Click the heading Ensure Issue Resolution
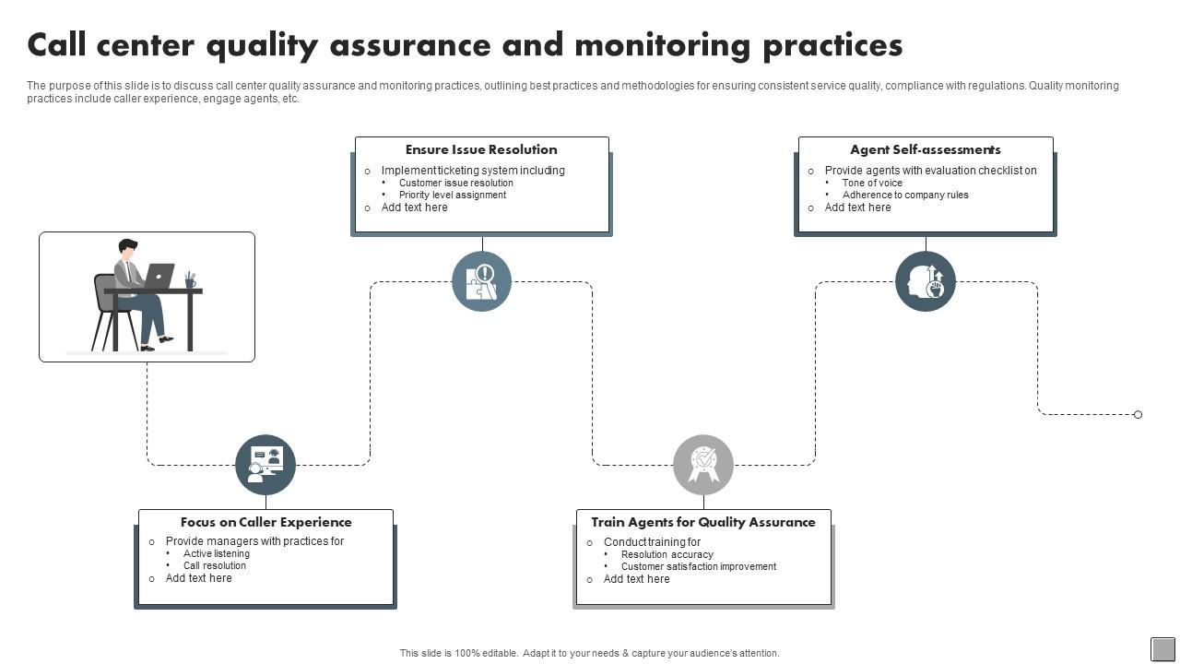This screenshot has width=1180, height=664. [481, 149]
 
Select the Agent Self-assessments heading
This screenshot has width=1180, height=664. [926, 149]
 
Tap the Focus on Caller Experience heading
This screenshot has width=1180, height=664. [265, 522]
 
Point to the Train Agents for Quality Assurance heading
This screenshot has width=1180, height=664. [703, 522]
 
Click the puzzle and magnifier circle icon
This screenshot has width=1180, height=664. [482, 281]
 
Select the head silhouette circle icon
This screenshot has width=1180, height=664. [926, 281]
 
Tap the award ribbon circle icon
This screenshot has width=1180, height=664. [703, 465]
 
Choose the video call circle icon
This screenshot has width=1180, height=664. [265, 465]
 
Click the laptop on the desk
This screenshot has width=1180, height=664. [159, 275]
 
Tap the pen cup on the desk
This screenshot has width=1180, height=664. [190, 280]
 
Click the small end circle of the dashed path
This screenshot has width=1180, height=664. [1138, 415]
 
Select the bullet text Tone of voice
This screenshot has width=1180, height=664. [872, 183]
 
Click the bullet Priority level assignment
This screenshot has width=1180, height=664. [453, 195]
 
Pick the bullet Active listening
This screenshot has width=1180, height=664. [217, 553]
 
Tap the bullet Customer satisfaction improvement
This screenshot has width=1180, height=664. [699, 566]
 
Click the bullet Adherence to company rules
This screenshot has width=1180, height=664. [905, 195]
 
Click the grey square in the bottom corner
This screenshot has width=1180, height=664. [1163, 649]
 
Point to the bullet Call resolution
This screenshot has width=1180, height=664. [215, 565]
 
